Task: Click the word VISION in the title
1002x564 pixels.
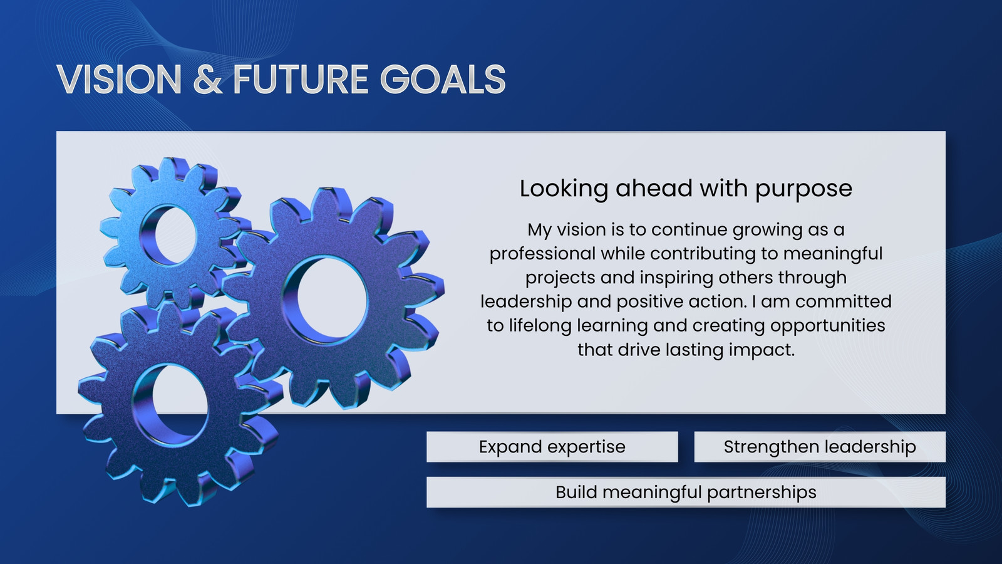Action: (119, 79)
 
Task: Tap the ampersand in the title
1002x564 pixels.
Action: (208, 79)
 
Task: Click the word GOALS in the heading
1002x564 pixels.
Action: (443, 79)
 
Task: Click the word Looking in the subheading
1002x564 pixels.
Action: (564, 189)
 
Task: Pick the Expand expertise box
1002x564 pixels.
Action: (552, 447)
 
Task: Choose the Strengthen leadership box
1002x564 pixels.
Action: (820, 447)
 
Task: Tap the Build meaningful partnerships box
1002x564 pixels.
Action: (686, 492)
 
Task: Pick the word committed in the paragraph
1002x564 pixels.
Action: (844, 301)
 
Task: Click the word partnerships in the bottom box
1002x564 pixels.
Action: (762, 493)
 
